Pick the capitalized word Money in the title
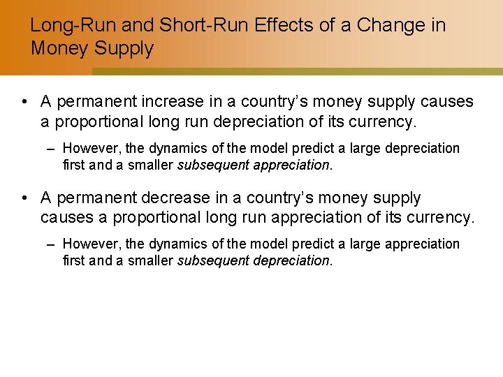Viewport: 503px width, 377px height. pyautogui.click(x=54, y=49)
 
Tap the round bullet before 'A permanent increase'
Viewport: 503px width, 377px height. pyautogui.click(x=24, y=102)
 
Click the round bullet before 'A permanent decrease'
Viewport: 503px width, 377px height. pyautogui.click(x=24, y=198)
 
